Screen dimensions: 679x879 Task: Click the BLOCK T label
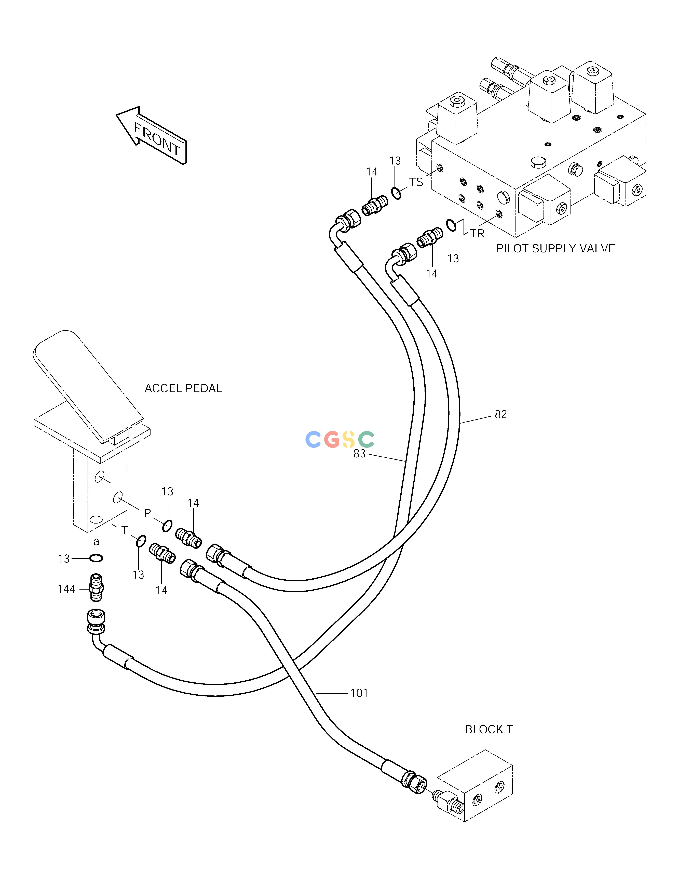489,729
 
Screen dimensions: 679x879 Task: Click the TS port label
416,182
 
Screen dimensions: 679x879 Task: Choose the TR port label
478,233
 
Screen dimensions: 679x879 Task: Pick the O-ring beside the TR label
451,225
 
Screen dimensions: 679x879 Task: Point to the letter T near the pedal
125,531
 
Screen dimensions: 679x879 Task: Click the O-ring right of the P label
168,526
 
